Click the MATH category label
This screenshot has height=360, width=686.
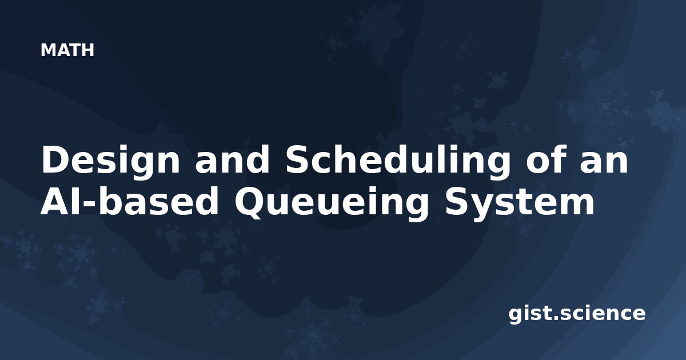tap(67, 50)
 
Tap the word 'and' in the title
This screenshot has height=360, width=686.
tap(232, 159)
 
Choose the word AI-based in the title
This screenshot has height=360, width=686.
tap(129, 201)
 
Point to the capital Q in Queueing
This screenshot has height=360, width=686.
tap(252, 203)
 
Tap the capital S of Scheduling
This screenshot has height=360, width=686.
tap(297, 159)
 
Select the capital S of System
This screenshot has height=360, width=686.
tap(457, 201)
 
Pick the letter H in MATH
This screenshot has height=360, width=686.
tap(88, 50)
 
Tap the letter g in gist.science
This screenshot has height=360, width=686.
tap(516, 315)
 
